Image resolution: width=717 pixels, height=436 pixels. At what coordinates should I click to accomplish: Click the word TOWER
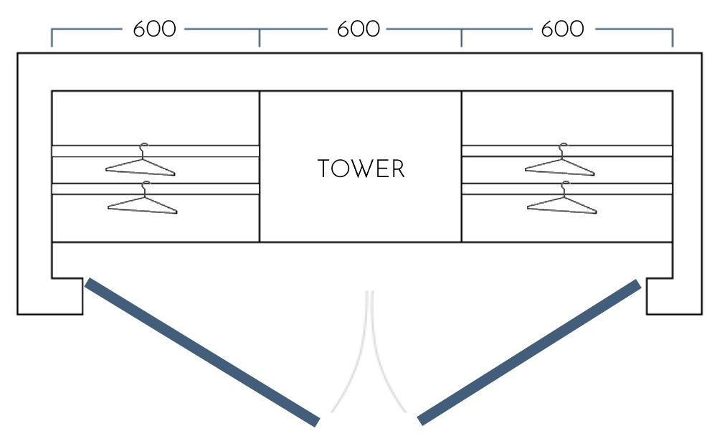click(361, 169)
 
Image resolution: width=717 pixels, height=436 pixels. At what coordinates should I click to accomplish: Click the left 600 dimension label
click(154, 29)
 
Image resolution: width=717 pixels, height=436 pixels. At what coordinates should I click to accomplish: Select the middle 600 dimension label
click(358, 29)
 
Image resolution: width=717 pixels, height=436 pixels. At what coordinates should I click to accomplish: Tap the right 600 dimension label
click(562, 29)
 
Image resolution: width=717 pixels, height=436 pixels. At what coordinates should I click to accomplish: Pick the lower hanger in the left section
click(142, 202)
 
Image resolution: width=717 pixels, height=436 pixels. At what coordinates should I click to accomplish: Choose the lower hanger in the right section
click(561, 202)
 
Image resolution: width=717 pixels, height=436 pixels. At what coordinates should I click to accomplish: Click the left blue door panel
click(202, 351)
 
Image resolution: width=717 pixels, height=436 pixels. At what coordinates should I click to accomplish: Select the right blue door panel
click(529, 351)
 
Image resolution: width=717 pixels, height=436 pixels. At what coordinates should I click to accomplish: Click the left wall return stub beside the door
click(50, 295)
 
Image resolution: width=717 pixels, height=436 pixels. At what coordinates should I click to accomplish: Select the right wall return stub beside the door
click(673, 295)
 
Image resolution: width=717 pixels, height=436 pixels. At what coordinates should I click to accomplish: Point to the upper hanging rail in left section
click(155, 151)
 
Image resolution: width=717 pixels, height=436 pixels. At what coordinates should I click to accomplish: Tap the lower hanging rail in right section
click(566, 189)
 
